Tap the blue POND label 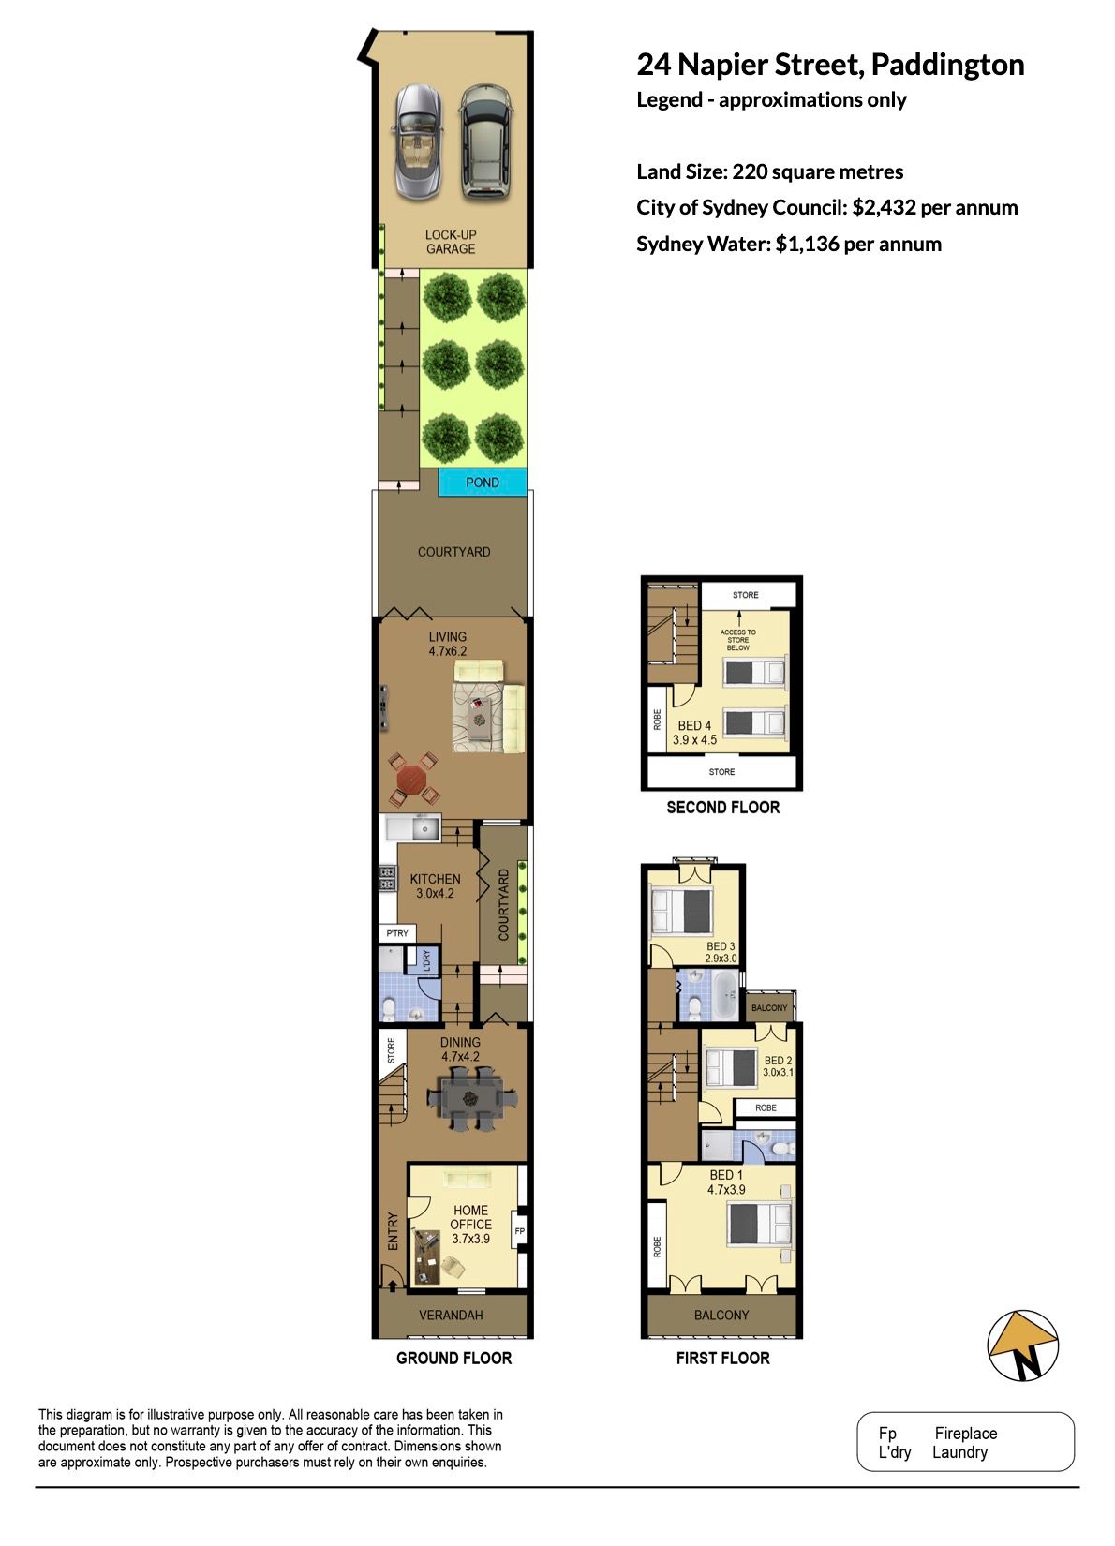coord(483,483)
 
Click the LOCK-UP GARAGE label coord(451,242)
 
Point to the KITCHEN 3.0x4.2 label coord(435,885)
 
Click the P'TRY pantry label coord(396,933)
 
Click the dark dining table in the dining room coord(470,1098)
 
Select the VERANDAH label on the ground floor coord(451,1315)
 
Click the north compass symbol coord(1022,1345)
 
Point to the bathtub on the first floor coord(723,994)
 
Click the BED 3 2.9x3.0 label coord(721,952)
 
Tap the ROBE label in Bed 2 coord(766,1107)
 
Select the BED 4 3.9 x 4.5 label coord(694,733)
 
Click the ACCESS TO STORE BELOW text coord(737,640)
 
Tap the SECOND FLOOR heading coord(722,808)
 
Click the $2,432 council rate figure coord(884,208)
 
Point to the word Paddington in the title coord(947,65)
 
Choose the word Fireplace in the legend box coord(965,1434)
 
